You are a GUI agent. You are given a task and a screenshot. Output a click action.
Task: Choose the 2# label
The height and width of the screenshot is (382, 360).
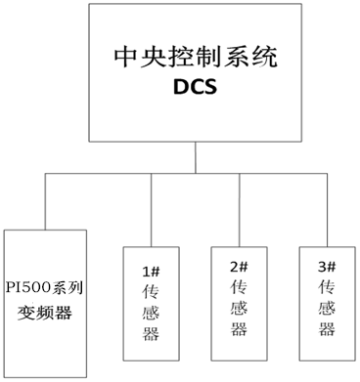(x=238, y=267)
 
